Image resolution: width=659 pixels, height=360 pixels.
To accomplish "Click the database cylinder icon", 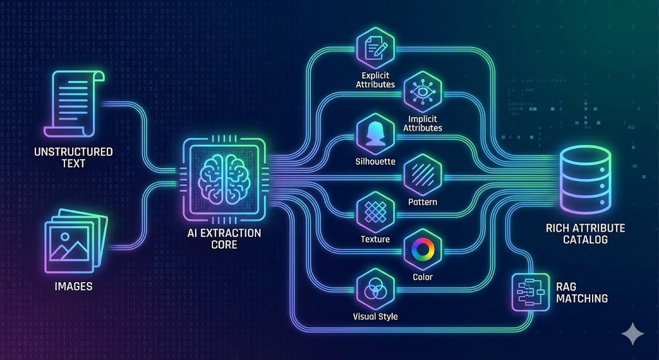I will click(585, 179).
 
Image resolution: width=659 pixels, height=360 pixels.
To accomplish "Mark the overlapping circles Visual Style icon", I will click(375, 290).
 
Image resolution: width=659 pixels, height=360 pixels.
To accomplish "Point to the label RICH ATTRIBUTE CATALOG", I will click(585, 234).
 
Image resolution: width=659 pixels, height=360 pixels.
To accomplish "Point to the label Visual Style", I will click(375, 316).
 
